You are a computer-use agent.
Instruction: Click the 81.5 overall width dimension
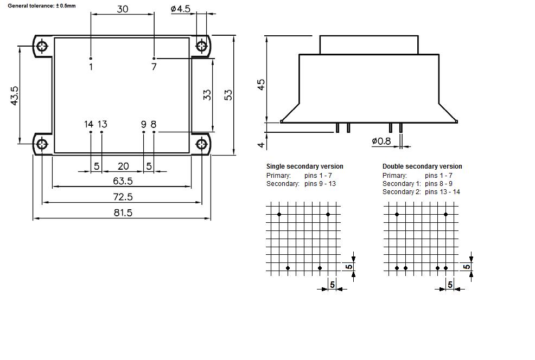(123, 213)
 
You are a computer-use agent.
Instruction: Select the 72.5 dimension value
(123, 196)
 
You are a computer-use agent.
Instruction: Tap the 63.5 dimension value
(123, 181)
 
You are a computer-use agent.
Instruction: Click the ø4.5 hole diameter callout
(180, 9)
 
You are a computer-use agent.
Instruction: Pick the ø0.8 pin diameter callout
(381, 141)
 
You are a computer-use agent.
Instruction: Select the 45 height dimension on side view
(261, 85)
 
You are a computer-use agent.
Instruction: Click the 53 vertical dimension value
(228, 94)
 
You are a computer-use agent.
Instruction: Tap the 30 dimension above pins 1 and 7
(123, 9)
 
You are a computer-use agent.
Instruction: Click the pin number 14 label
(89, 124)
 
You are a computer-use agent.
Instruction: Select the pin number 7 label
(154, 67)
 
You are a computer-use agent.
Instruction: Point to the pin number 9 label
(144, 124)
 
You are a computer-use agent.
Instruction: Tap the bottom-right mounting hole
(202, 144)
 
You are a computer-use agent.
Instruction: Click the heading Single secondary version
(304, 166)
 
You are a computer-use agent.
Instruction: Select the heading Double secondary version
(422, 166)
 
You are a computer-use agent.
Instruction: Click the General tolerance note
(42, 5)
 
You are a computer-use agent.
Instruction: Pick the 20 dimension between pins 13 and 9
(123, 166)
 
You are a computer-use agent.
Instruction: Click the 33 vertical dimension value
(207, 94)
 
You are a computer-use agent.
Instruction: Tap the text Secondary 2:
(402, 192)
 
